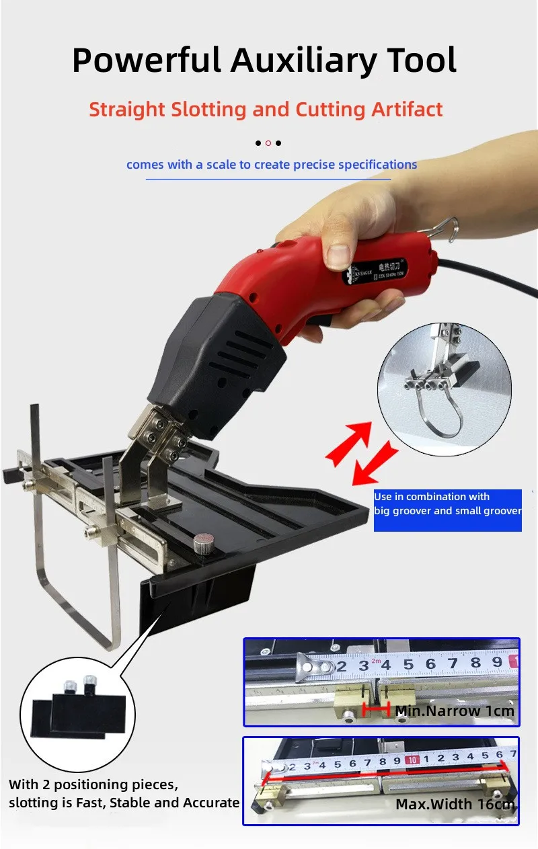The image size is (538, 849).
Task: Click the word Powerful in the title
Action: coord(147,61)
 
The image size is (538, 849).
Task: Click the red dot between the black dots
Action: coord(268,143)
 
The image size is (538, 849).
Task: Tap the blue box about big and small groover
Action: coord(447,510)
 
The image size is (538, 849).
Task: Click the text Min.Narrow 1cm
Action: coord(455,711)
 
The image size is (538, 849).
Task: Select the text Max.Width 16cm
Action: coord(455,804)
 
